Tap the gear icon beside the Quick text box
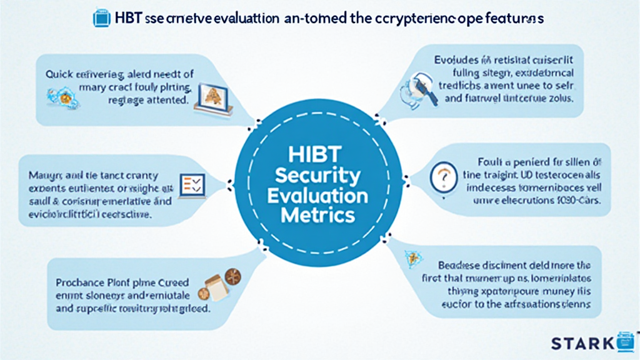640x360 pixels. pos(62,96)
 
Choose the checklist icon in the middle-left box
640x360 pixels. pos(191,184)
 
